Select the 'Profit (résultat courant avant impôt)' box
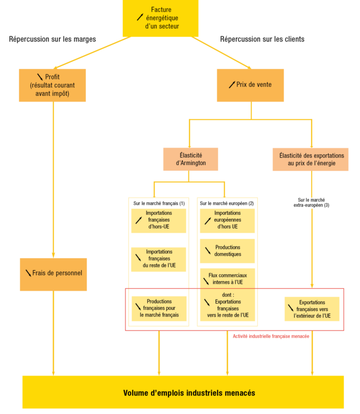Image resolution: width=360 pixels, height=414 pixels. tap(52, 85)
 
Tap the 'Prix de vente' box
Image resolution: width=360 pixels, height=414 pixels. tap(250, 85)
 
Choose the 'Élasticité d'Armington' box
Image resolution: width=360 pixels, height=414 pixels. tap(191, 159)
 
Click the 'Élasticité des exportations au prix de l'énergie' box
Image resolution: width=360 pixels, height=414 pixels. tap(311, 159)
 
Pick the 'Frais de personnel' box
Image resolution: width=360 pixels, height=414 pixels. tap(53, 274)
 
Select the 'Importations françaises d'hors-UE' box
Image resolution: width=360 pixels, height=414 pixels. tap(159, 220)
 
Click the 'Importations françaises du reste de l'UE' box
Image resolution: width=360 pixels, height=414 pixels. tap(159, 259)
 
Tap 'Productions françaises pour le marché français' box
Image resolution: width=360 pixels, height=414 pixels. tap(159, 308)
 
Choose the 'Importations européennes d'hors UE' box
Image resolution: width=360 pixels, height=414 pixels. tap(227, 220)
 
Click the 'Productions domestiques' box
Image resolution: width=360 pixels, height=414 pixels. tap(227, 251)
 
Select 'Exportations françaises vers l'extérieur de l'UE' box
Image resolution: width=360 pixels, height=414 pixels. tap(312, 309)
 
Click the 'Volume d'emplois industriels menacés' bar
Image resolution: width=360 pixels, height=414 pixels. tap(183, 393)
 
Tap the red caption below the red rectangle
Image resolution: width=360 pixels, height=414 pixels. tap(271, 336)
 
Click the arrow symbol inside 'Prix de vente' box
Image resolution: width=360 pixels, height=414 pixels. tap(232, 85)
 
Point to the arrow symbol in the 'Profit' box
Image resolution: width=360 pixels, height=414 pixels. tap(41, 77)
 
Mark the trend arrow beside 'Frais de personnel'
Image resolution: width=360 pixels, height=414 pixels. tap(28, 273)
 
